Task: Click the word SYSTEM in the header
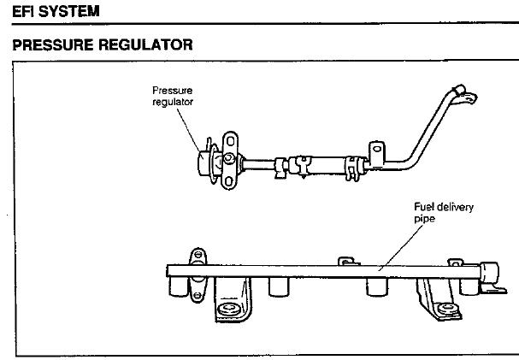(x=69, y=11)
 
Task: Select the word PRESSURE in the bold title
(x=53, y=45)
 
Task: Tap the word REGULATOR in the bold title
(x=145, y=45)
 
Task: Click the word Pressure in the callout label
(x=172, y=91)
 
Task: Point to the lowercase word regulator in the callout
(x=173, y=102)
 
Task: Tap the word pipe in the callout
(x=424, y=219)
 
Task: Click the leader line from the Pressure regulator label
(x=189, y=130)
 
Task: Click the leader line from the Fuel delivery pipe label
(x=401, y=247)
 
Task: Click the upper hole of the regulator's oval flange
(x=230, y=142)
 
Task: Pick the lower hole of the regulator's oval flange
(x=228, y=181)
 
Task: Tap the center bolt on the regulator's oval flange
(x=227, y=158)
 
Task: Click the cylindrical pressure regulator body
(x=206, y=162)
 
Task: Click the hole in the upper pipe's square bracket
(x=377, y=149)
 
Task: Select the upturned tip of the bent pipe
(x=459, y=89)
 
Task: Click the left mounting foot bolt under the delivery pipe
(x=228, y=309)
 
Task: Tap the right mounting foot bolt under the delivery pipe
(x=447, y=309)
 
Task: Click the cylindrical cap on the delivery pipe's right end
(x=489, y=271)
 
